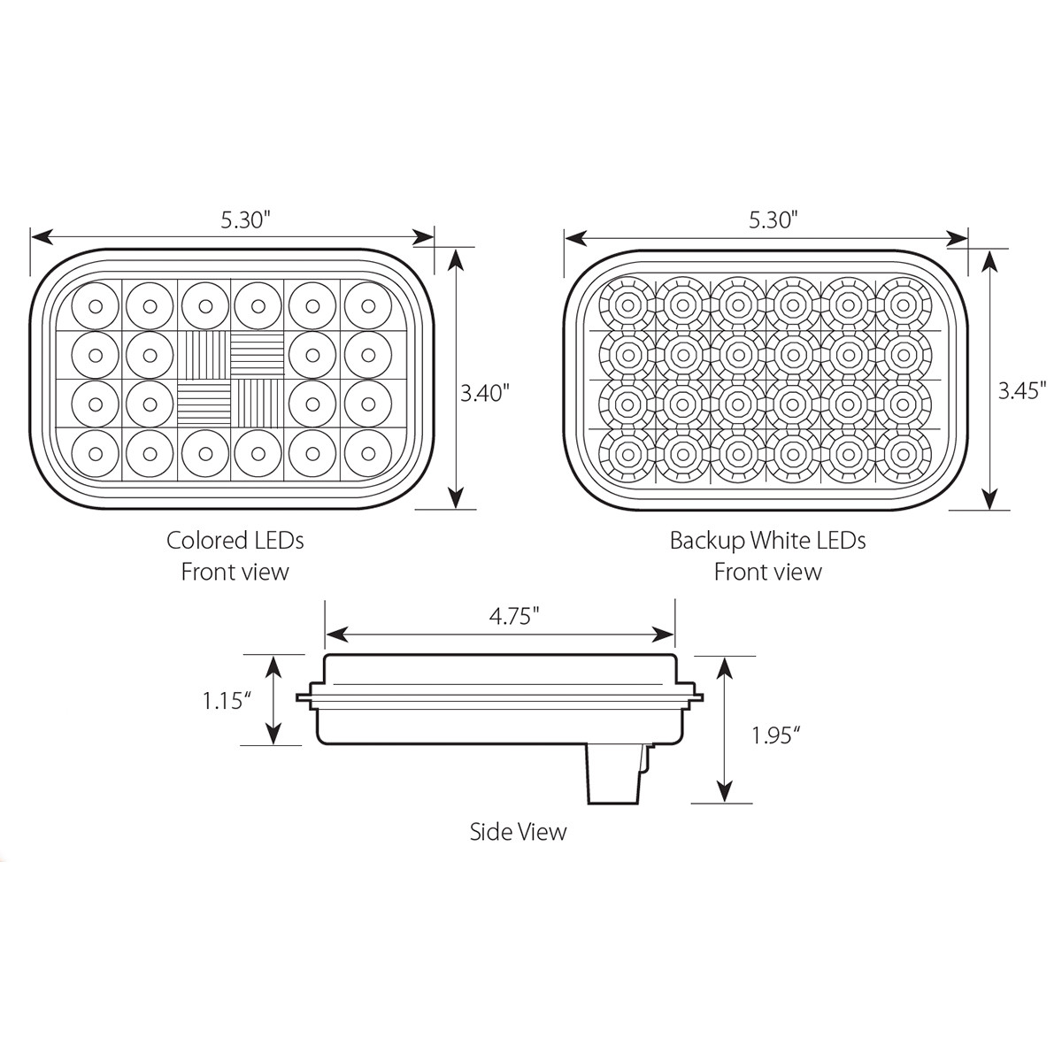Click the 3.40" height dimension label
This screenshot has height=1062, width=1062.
(x=486, y=391)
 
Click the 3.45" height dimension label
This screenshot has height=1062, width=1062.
(x=1022, y=391)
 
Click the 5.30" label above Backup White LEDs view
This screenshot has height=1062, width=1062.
(x=773, y=220)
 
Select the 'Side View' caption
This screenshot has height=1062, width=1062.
(x=518, y=832)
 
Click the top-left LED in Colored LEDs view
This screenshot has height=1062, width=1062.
(x=94, y=305)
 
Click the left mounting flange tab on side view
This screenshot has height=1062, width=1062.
(x=307, y=698)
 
